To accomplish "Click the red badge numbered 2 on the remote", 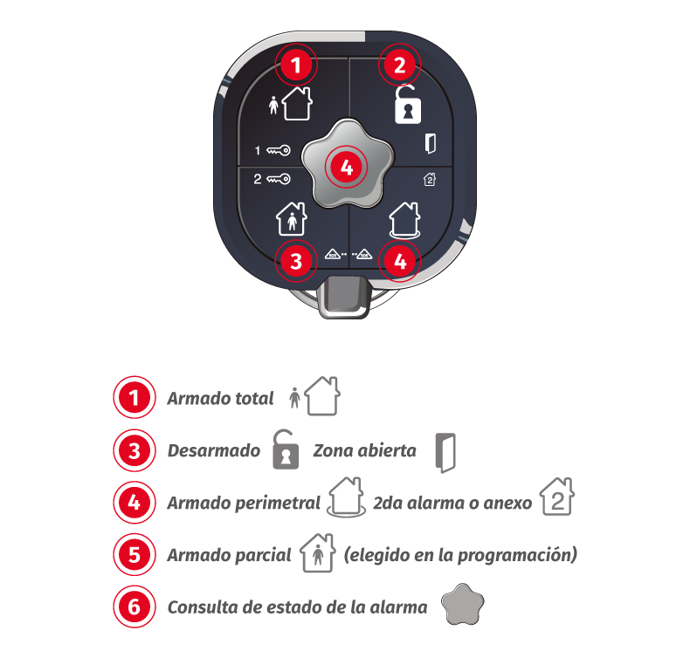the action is (x=399, y=65).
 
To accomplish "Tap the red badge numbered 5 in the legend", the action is (x=135, y=555).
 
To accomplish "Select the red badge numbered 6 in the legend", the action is (x=135, y=607).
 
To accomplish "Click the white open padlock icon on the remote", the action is (x=408, y=104).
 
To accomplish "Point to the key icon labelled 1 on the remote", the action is (x=278, y=150).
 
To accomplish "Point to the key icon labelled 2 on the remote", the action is (x=278, y=179).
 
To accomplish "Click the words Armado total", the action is (x=220, y=399).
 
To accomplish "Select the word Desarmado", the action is (x=214, y=451).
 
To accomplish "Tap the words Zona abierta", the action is (x=365, y=451).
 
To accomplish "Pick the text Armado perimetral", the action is (x=244, y=504).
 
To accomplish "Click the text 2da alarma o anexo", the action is (x=452, y=504).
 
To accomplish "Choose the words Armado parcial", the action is (x=229, y=556).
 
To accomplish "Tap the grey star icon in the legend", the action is (x=463, y=604).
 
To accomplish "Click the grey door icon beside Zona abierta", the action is (x=445, y=453).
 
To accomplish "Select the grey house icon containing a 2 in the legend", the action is (x=557, y=496).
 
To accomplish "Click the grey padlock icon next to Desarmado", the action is (x=286, y=449).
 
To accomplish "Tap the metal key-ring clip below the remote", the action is (x=344, y=297).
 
